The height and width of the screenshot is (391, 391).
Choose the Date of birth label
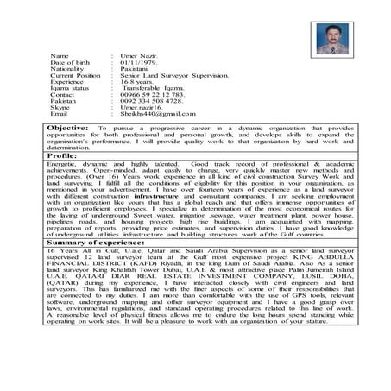click(x=71, y=63)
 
